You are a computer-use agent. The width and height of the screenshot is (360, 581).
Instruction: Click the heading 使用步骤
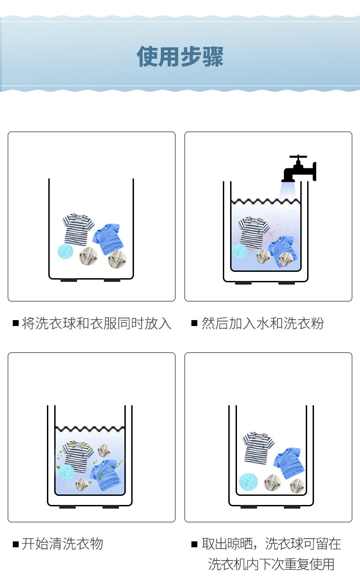coord(180,57)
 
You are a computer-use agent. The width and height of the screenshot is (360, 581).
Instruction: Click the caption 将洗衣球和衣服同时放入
coord(97,324)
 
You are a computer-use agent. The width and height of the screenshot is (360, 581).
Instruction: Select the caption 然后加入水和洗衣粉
coord(262,324)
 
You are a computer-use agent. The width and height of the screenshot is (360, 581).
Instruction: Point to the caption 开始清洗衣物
coord(62,544)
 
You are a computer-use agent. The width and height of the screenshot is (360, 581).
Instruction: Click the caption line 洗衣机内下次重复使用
coord(271,564)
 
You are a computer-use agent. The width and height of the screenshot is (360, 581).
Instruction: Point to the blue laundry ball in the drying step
coord(248,481)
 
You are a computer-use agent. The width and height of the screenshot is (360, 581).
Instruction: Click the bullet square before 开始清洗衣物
coord(15,544)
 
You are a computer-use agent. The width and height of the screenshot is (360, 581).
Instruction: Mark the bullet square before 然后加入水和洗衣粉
coord(194,324)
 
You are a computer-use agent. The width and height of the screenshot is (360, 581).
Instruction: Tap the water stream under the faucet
coord(288,191)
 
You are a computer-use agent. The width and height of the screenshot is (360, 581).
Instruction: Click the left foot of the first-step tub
coord(69,280)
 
